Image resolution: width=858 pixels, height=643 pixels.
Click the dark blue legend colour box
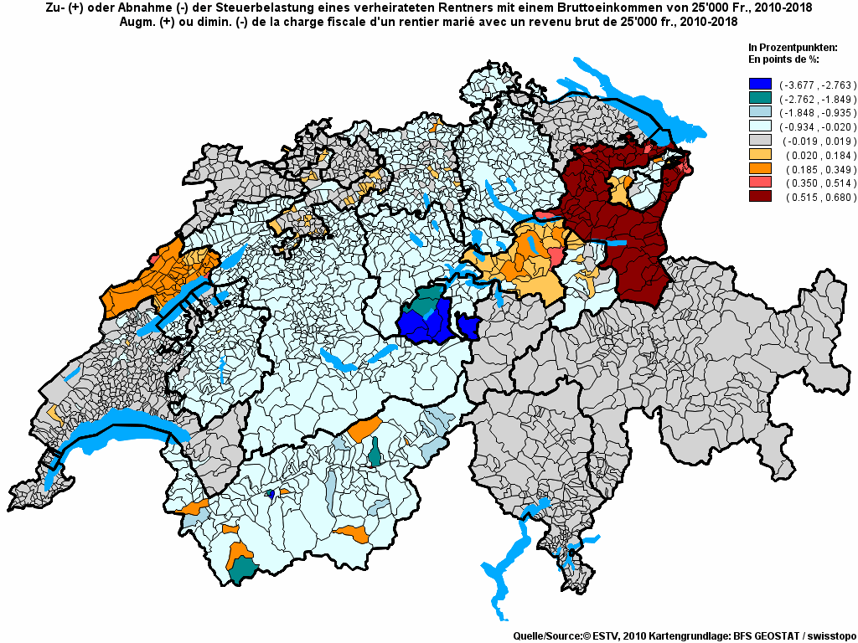tap(760, 85)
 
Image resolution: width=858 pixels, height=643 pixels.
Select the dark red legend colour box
tap(760, 197)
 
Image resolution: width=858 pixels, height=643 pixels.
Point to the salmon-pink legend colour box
tap(760, 183)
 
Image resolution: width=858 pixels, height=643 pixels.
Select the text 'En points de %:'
tap(783, 59)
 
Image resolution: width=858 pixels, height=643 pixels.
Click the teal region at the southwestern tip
tap(243, 569)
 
